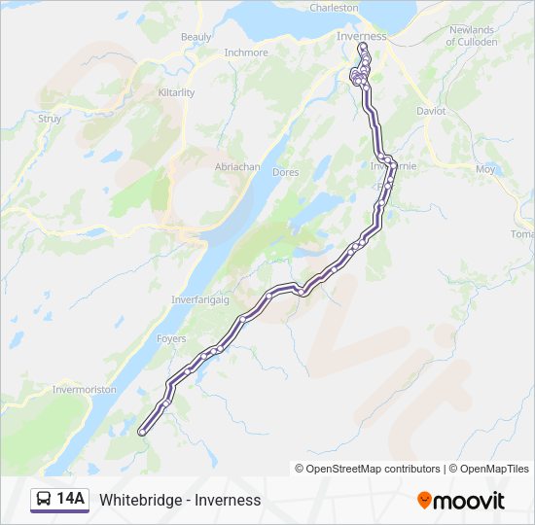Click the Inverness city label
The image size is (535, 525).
[361, 37]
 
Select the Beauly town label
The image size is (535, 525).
[196, 37]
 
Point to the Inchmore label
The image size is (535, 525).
[245, 52]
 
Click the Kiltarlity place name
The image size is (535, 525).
[176, 92]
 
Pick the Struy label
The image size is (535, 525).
[50, 119]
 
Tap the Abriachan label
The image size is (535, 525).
[237, 167]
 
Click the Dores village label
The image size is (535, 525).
[286, 172]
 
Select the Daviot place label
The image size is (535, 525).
[431, 111]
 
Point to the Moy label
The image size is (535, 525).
[484, 169]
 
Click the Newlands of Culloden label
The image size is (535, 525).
[473, 36]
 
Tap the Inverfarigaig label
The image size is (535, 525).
[199, 299]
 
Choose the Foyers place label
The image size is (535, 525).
[172, 339]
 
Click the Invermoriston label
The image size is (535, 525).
[85, 390]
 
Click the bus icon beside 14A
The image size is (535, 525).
[45, 500]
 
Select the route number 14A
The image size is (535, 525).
[71, 500]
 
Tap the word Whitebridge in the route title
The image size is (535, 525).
[143, 500]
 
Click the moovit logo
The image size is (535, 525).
[461, 500]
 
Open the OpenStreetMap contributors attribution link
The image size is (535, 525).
[373, 469]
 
